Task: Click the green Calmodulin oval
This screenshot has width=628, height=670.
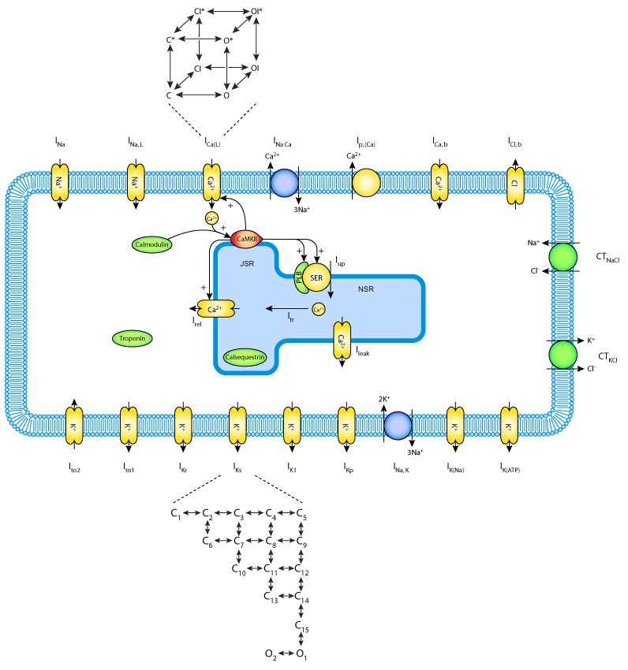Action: click(153, 245)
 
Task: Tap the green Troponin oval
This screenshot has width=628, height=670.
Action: click(133, 338)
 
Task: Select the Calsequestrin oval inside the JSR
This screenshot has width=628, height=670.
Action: click(245, 357)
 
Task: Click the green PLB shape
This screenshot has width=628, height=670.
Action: click(300, 277)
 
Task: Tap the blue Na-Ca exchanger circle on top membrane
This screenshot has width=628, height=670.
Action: click(284, 183)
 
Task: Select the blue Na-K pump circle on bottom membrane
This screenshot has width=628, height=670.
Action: click(398, 426)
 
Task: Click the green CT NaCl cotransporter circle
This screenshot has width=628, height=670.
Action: click(563, 257)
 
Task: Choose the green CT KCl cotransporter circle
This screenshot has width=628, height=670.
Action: click(563, 354)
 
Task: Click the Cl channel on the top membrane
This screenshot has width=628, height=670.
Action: click(514, 183)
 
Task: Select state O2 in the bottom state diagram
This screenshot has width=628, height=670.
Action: click(271, 654)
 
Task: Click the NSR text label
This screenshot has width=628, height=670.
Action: click(365, 289)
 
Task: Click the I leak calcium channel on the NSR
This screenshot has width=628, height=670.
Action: click(342, 341)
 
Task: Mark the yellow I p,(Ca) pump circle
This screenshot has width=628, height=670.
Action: click(365, 183)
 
